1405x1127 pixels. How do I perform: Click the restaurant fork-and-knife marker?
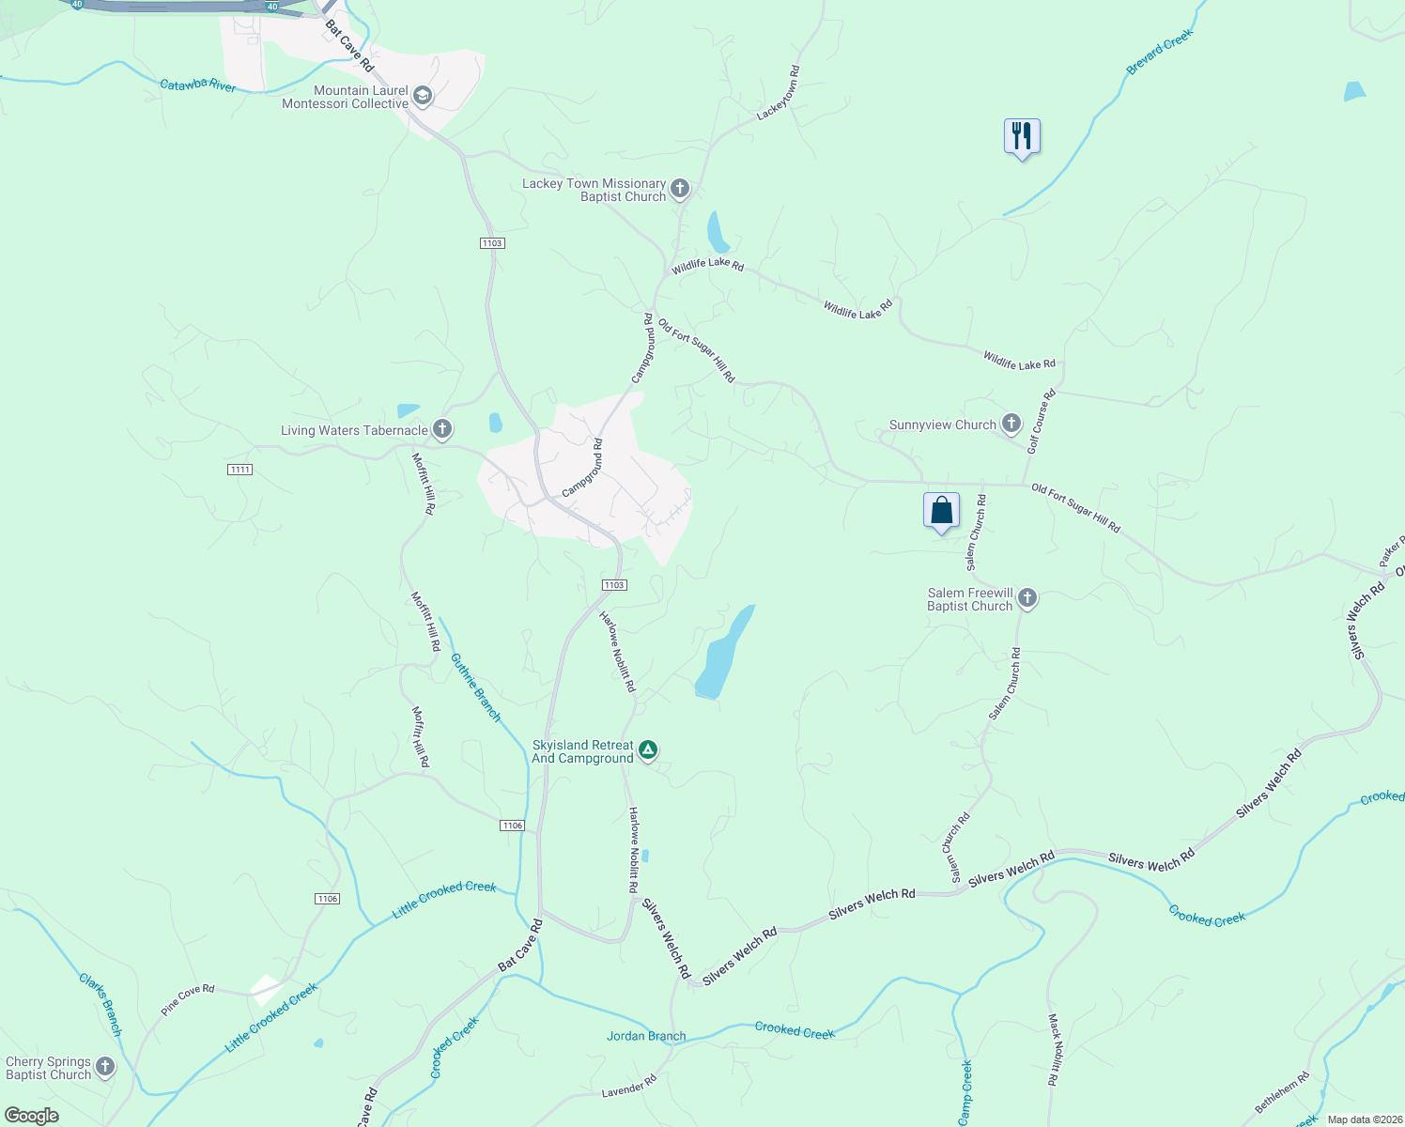(1022, 137)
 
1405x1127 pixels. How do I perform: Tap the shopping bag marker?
(941, 511)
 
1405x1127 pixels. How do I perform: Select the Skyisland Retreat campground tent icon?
(648, 750)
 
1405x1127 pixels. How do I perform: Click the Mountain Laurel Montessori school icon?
(423, 96)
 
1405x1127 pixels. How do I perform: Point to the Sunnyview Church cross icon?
(1011, 424)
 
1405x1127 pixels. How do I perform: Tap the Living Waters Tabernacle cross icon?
(442, 429)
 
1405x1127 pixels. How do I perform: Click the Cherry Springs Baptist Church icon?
(105, 1067)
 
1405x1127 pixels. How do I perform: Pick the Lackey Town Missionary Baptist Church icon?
(680, 189)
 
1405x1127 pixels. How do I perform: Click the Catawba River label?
(197, 85)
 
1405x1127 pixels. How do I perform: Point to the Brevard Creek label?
(1159, 53)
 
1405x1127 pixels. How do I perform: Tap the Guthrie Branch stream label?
(476, 687)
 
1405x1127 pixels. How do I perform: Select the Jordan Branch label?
(646, 1037)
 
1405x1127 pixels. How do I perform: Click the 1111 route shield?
(239, 470)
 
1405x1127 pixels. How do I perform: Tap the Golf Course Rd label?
(1041, 422)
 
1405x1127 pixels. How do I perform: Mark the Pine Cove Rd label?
(188, 1000)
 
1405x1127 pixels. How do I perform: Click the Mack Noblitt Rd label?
(1055, 1049)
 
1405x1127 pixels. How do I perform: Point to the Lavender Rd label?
(628, 1088)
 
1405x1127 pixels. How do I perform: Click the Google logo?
(32, 1116)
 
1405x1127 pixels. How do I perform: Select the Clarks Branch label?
(100, 1005)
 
